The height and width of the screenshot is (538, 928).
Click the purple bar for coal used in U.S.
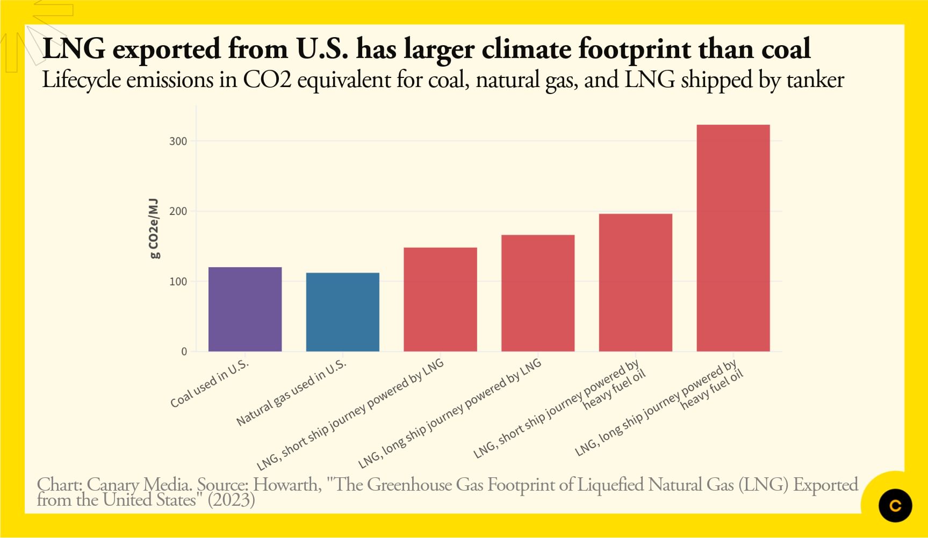coord(245,309)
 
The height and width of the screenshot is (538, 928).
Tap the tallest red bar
coord(733,238)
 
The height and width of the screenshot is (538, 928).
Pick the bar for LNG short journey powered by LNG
coord(440,299)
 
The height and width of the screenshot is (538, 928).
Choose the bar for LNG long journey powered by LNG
coord(538,293)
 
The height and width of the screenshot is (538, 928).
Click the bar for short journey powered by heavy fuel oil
coord(636,283)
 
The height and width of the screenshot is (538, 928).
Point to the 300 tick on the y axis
coord(178,141)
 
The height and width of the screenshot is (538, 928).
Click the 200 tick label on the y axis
coord(178,211)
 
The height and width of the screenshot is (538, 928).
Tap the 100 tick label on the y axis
coord(178,282)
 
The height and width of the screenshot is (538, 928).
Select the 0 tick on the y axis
coord(184,352)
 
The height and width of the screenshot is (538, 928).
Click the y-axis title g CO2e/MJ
coord(154,228)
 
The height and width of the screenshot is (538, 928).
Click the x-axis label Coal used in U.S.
coord(210,383)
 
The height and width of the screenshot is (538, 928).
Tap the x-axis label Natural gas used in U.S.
coord(291,393)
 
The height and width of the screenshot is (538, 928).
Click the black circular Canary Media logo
coord(895,505)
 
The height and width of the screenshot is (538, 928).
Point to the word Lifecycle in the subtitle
coord(81,81)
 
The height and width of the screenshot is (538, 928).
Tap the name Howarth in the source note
coord(287,485)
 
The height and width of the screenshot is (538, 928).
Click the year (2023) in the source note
coord(231,500)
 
